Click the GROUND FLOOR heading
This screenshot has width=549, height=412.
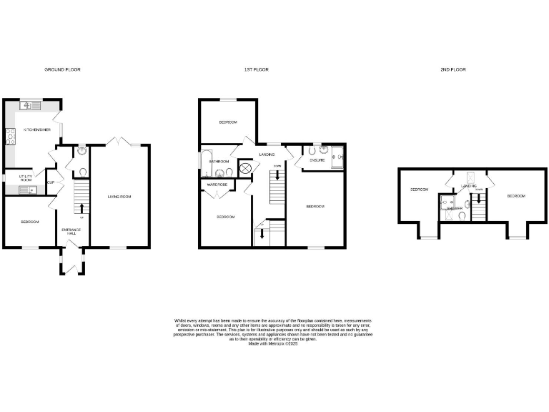63,69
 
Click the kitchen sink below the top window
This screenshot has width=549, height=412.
31,106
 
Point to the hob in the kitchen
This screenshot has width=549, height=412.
11,136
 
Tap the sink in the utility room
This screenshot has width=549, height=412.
28,190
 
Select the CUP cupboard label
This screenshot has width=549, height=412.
51,182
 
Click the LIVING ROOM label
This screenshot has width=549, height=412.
120,196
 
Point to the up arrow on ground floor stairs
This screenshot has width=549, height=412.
81,208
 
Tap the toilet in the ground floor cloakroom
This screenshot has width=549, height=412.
82,172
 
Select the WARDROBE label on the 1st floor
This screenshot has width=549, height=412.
217,185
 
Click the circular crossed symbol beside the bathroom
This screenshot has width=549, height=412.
245,169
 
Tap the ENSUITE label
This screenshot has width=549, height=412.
317,160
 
